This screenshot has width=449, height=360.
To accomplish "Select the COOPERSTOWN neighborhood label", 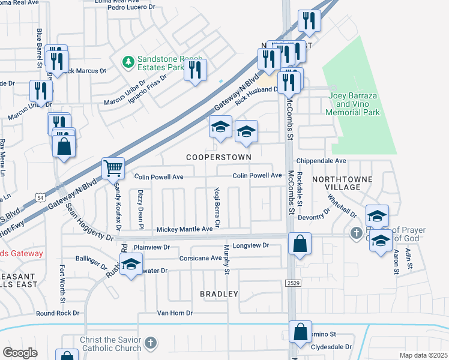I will pos(218,157).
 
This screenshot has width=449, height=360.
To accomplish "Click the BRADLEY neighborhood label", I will pos(219,294).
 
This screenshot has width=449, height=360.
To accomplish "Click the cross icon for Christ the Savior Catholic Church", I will pos(150,344).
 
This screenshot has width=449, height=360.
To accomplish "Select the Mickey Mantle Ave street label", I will pos(184,229).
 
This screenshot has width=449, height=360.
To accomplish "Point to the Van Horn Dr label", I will pos(175,313).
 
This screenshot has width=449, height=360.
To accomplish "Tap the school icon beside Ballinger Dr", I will pos(130,265).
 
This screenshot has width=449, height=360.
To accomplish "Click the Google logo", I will pos(20,353).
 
